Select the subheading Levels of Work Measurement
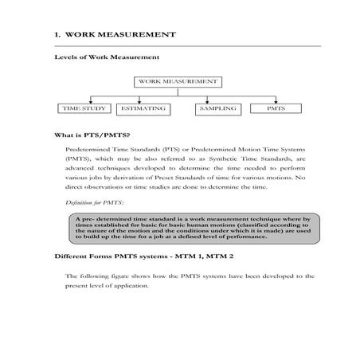[x=107, y=57]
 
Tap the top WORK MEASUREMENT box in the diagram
[x=179, y=81]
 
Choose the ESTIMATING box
[x=143, y=108]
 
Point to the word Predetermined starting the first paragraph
[x=92, y=149]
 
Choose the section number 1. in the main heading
[x=57, y=35]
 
